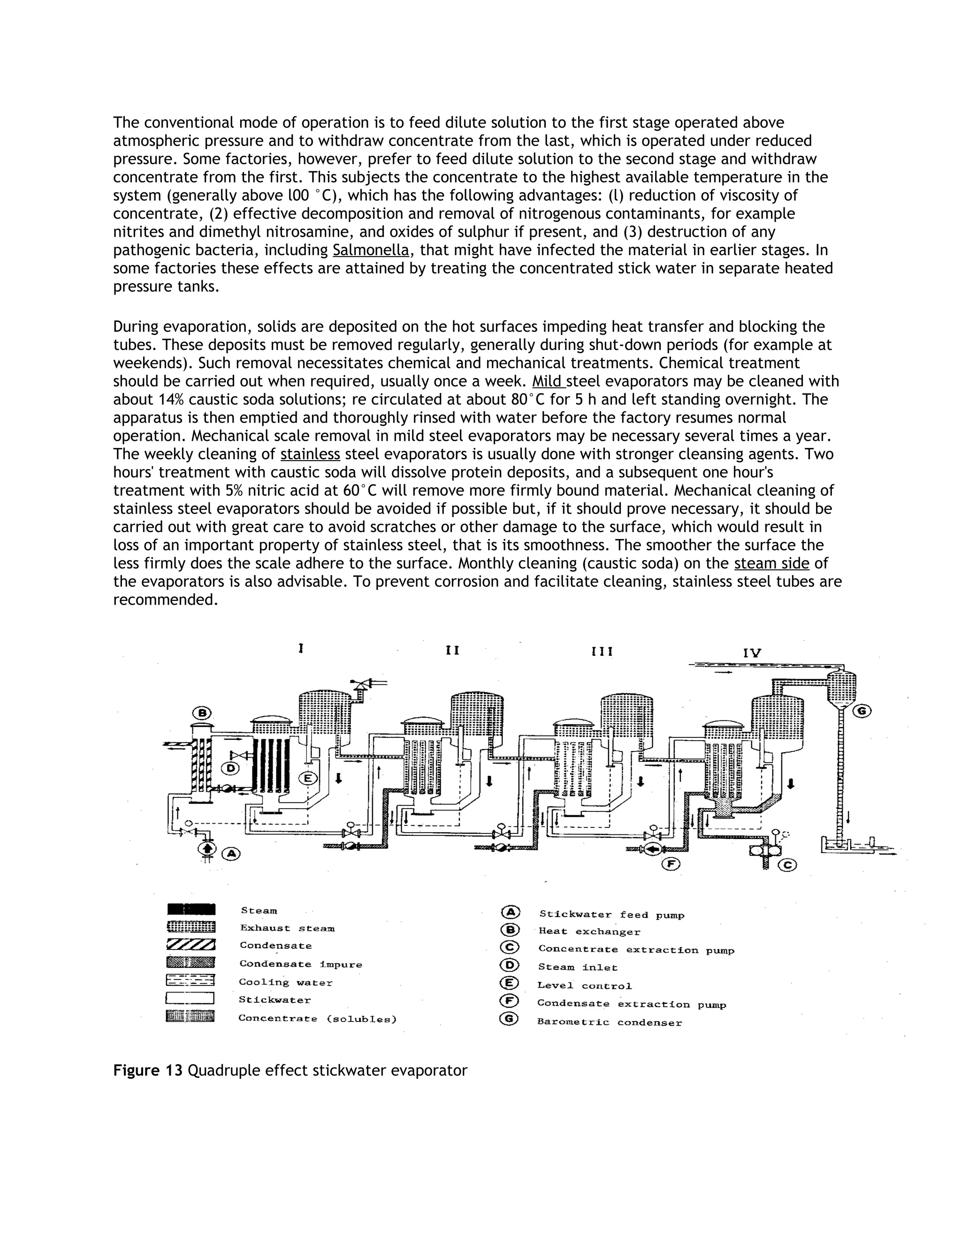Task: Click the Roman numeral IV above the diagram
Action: [752, 653]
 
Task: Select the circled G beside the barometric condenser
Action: [862, 711]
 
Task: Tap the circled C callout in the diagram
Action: [787, 865]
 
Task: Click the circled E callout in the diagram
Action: [307, 777]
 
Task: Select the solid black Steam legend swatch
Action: [191, 910]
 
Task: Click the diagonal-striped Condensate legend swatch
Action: [191, 945]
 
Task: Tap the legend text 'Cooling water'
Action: [285, 982]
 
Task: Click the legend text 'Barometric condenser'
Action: [609, 1022]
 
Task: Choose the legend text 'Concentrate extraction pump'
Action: [636, 950]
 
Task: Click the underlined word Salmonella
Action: [371, 250]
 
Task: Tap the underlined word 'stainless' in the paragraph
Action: [310, 454]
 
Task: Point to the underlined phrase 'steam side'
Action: [771, 563]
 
